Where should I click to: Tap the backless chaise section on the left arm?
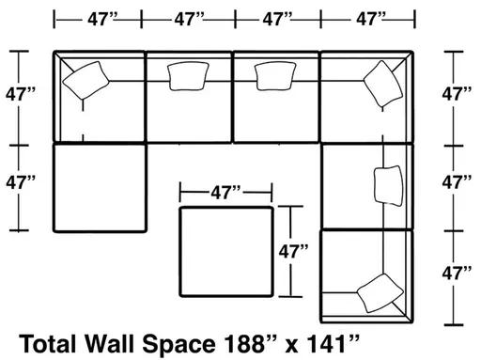tap(100, 187)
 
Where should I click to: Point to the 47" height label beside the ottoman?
tap(293, 253)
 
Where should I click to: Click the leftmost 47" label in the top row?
tap(98, 18)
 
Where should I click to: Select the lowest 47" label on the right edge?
tap(458, 274)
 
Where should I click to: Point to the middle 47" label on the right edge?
tap(458, 181)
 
